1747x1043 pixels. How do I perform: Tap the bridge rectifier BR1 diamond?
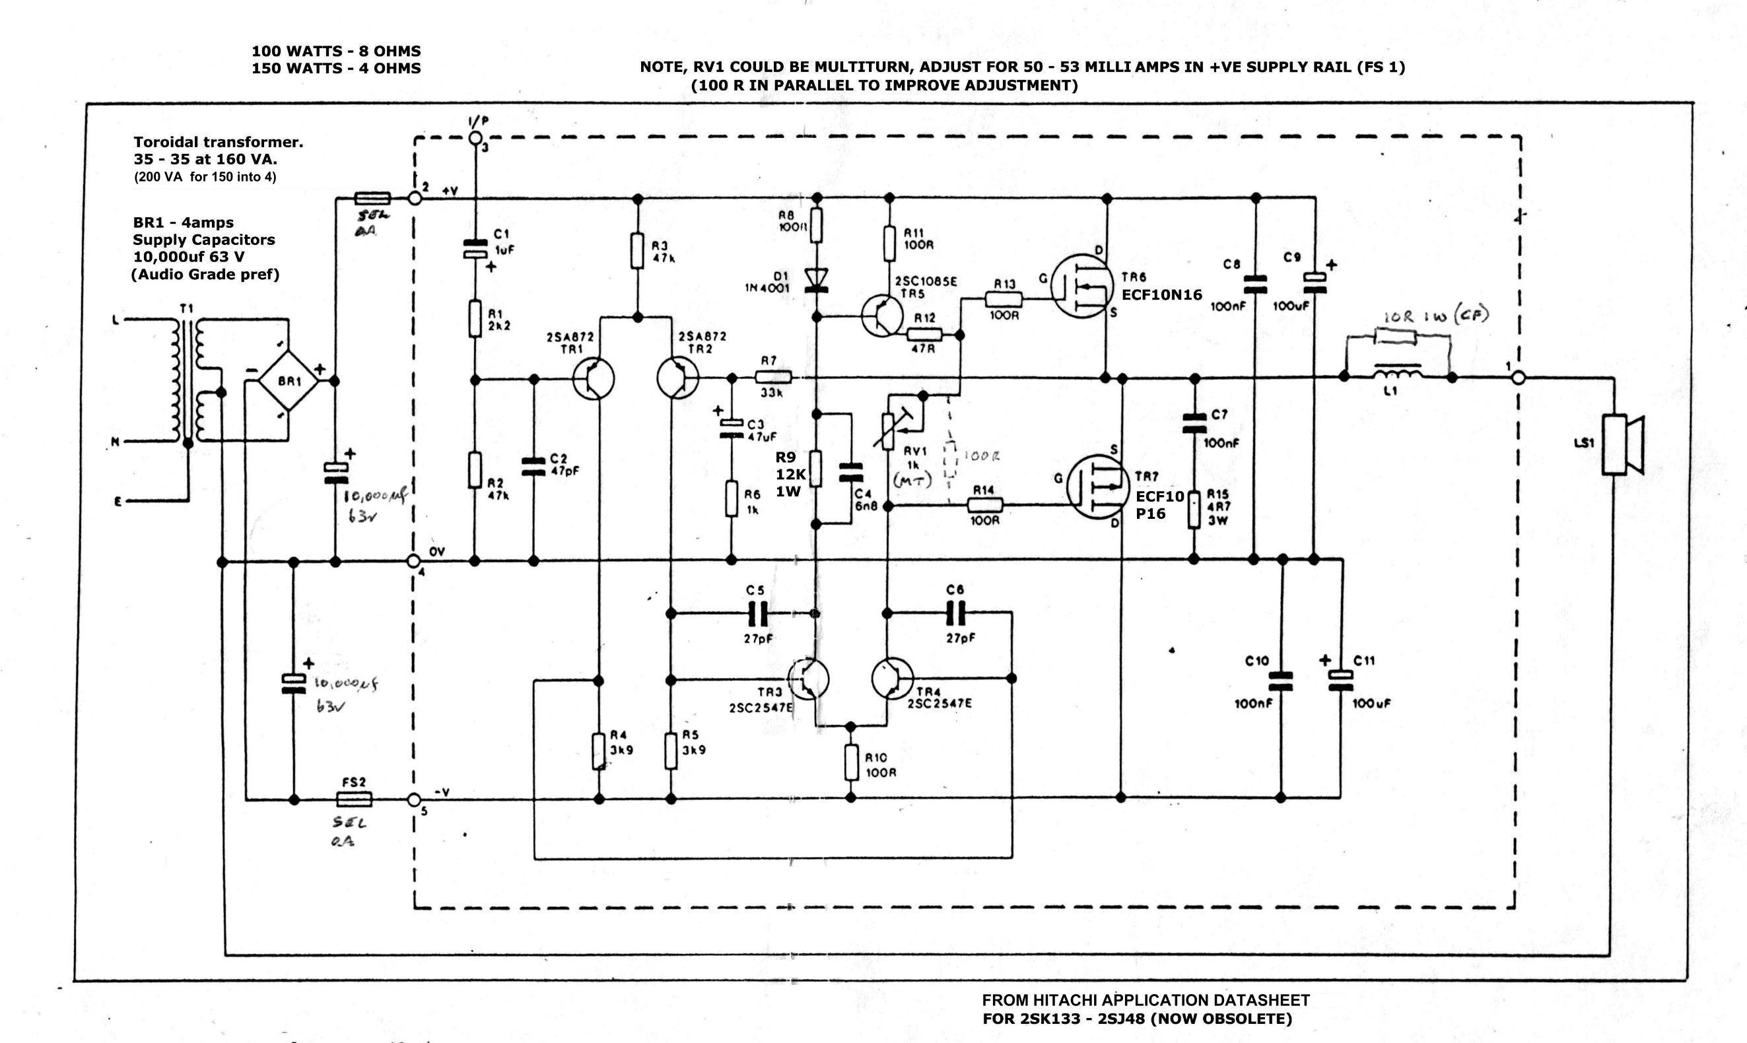click(x=289, y=381)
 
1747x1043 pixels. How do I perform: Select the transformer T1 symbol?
click(x=187, y=380)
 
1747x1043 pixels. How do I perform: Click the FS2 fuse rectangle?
click(x=354, y=799)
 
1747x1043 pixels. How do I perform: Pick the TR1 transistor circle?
click(x=592, y=379)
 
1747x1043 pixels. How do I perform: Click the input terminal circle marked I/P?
click(x=475, y=138)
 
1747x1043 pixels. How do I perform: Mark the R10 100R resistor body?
click(x=851, y=763)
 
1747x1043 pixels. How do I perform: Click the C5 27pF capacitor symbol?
click(x=756, y=613)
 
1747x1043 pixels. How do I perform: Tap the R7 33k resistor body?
click(x=773, y=377)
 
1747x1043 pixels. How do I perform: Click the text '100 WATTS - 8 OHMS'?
click(x=336, y=51)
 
